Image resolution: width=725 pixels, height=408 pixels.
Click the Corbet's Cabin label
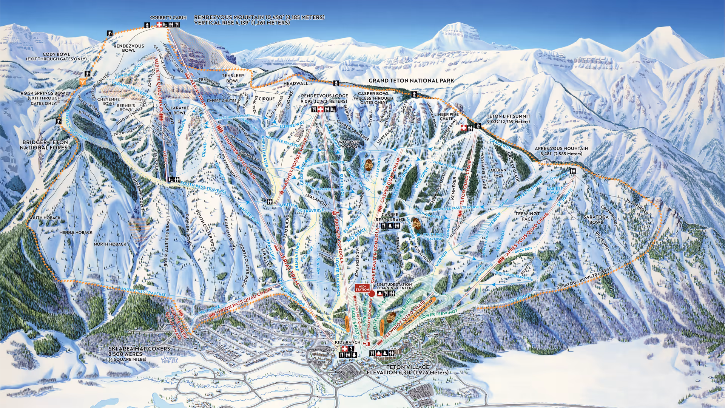click(168, 17)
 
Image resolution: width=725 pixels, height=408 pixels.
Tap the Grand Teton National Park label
click(411, 80)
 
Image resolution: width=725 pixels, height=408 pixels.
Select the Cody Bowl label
click(56, 57)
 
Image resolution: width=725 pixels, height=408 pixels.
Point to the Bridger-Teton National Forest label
click(45, 145)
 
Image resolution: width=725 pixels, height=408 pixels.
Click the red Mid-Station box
click(362, 288)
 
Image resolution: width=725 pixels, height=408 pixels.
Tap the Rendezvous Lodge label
click(324, 99)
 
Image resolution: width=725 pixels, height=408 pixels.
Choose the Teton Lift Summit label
click(508, 119)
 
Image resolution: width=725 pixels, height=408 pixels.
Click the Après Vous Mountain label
click(561, 151)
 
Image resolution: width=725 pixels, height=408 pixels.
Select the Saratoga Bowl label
click(596, 219)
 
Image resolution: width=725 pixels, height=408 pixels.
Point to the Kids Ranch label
click(347, 342)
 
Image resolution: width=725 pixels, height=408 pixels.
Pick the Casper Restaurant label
click(390, 217)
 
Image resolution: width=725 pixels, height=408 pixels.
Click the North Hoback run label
click(110, 244)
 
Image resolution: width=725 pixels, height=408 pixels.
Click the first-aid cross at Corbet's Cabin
click(159, 25)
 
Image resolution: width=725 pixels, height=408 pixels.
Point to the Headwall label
click(296, 83)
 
